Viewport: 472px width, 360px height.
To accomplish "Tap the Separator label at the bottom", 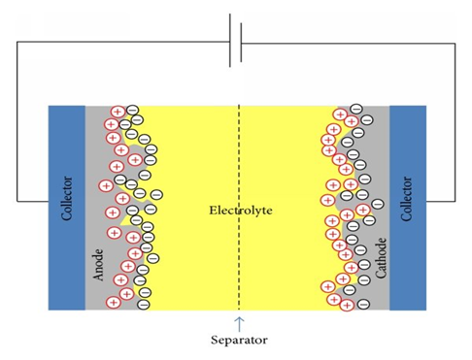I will click(x=238, y=340).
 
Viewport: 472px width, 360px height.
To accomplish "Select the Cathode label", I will click(x=383, y=257).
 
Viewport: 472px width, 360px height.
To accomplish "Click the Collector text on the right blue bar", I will click(x=408, y=200).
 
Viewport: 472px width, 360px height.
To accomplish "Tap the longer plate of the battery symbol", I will click(x=229, y=41).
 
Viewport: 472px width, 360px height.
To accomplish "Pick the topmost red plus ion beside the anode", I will click(x=118, y=112).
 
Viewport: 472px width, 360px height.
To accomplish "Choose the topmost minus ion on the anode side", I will click(x=133, y=111).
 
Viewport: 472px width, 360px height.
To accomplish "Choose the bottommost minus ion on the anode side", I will click(x=144, y=303).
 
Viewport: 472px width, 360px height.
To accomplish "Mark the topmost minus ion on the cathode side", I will click(x=356, y=109).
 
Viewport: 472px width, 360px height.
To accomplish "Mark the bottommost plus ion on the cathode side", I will click(x=346, y=303).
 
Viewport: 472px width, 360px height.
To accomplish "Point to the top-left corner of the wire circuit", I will click(x=17, y=43).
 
